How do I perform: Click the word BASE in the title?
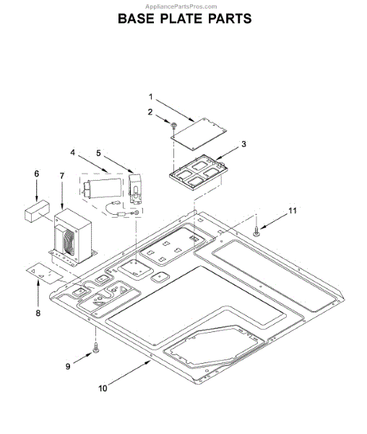(141, 18)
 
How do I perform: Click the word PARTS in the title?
(226, 18)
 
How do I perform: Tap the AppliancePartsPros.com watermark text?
(183, 5)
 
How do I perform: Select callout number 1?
(151, 96)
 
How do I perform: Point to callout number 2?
(150, 111)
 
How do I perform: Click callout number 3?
(243, 144)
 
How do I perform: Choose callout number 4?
(73, 153)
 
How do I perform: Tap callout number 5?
(99, 153)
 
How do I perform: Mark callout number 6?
(37, 173)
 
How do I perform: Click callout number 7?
(62, 176)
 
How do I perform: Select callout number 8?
(38, 313)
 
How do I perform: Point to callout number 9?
(68, 367)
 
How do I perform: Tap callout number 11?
(292, 210)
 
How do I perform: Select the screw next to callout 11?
(257, 231)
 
